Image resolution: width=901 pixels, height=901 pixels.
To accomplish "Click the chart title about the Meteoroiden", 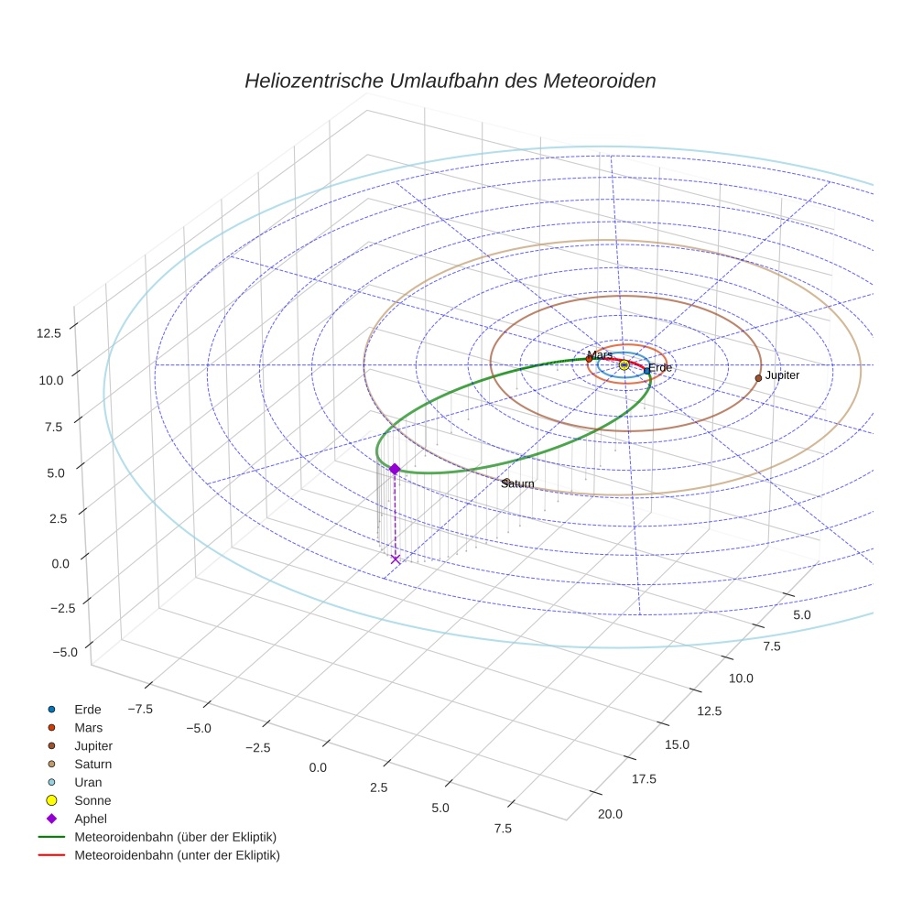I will point(450,81).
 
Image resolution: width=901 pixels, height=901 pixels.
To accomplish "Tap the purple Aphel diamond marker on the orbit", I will point(395,469).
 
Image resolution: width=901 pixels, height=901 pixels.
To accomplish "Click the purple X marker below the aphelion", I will point(396,559).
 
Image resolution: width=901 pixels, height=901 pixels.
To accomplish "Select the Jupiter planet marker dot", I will point(758,377).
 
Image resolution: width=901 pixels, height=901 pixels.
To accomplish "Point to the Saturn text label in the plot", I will point(517,483).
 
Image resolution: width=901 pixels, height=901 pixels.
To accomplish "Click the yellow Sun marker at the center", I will point(624,364).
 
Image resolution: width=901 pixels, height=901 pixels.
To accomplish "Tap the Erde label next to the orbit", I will point(660,368).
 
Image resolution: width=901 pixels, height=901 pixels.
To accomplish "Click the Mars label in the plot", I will point(600,354).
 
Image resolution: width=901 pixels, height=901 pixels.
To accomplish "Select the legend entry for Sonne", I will point(92,800).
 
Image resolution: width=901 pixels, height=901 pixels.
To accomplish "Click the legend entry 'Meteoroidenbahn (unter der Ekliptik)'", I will point(177,855).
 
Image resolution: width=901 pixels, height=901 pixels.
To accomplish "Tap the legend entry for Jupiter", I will point(93,745).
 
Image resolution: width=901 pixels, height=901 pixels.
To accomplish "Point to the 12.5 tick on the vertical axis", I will point(49,332).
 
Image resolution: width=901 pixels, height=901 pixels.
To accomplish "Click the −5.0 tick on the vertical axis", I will point(63,652).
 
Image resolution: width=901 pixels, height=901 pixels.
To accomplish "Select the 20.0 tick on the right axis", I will point(609,814).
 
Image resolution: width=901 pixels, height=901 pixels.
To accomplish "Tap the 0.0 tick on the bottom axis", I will point(318,766).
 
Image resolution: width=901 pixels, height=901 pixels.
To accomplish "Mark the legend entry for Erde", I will point(88,709).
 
